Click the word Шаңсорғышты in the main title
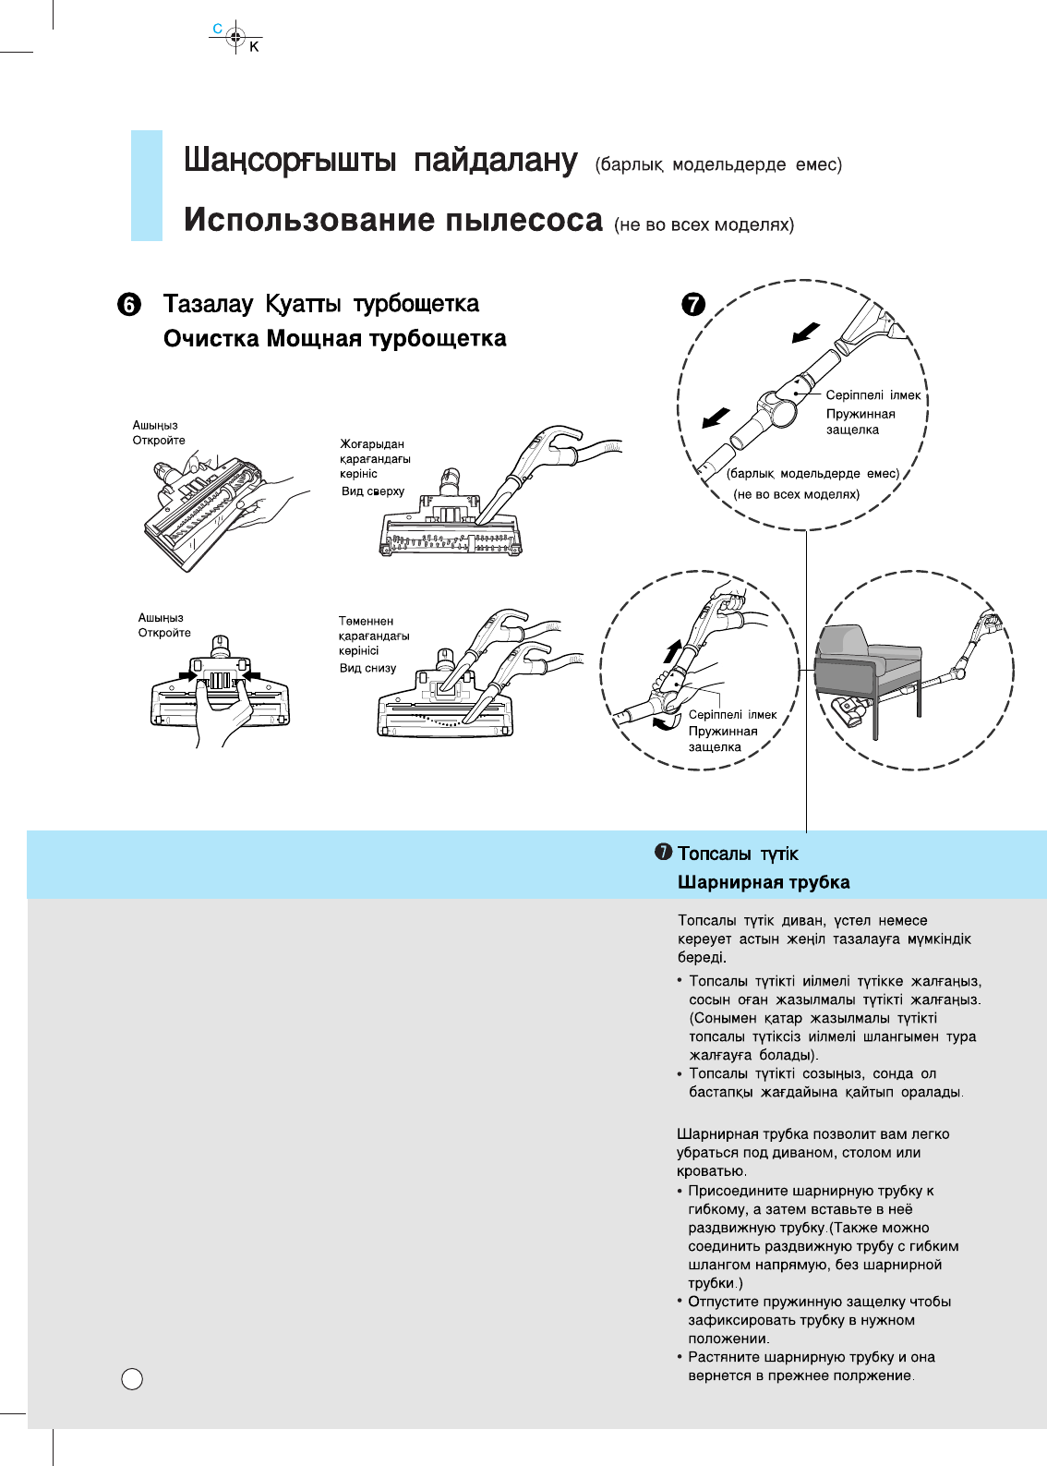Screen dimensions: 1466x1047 click(x=289, y=161)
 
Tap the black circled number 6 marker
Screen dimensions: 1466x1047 click(x=130, y=306)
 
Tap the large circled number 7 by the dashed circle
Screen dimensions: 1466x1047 click(x=693, y=304)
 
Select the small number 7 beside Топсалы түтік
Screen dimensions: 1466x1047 click(x=663, y=853)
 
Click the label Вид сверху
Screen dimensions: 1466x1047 click(x=373, y=491)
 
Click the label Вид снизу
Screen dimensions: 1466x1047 click(x=367, y=668)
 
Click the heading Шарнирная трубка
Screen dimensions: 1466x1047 click(x=764, y=882)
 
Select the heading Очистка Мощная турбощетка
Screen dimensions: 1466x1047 click(x=334, y=339)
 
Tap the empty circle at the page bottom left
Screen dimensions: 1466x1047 click(x=133, y=1379)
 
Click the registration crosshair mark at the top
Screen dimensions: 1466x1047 click(x=235, y=38)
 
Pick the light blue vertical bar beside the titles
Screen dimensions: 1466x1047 click(x=147, y=186)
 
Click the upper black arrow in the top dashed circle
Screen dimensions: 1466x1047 click(x=806, y=332)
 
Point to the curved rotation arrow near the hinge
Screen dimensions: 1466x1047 click(x=665, y=723)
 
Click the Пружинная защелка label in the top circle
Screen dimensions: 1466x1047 click(x=860, y=421)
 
